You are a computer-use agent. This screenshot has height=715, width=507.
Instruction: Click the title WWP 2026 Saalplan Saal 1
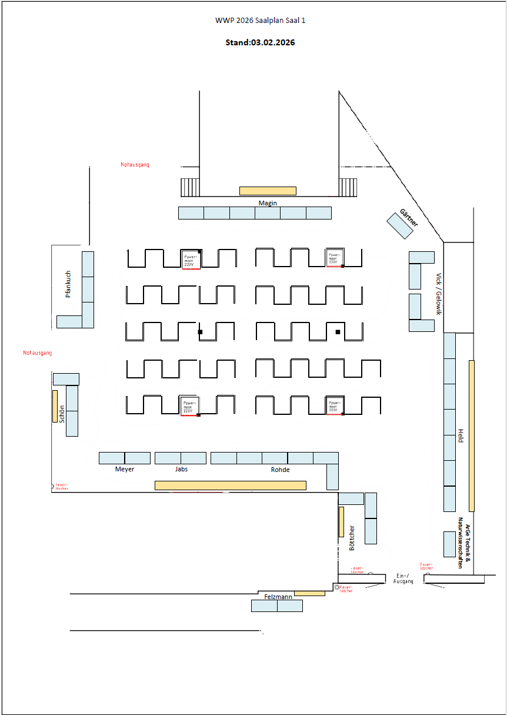[x=260, y=21]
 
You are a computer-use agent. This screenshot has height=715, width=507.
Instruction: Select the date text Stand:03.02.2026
[x=260, y=42]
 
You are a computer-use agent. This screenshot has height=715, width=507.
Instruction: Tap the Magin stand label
[x=268, y=203]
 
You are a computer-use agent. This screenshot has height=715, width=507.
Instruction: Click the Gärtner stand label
[x=409, y=218]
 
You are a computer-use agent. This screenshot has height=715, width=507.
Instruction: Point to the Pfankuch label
[x=68, y=284]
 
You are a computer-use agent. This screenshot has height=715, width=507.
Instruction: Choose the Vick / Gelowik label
[x=438, y=294]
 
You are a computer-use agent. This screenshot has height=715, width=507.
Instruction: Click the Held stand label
[x=461, y=436]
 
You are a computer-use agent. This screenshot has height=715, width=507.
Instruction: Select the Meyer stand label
[x=125, y=470]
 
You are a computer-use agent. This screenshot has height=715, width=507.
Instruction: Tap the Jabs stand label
[x=181, y=470]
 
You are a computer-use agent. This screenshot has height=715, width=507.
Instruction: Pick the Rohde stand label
[x=280, y=470]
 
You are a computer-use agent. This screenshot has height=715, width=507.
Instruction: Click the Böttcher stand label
[x=352, y=537]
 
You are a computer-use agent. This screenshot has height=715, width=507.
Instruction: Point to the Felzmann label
[x=278, y=597]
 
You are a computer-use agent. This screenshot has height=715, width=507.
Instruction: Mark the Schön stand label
[x=62, y=414]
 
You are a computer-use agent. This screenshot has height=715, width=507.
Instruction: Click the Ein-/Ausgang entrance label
[x=403, y=578]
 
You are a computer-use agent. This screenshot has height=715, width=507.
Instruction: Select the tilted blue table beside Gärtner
[x=400, y=226]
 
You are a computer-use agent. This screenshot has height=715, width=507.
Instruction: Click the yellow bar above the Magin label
[x=268, y=191]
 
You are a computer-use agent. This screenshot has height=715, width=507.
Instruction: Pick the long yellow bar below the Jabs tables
[x=230, y=485]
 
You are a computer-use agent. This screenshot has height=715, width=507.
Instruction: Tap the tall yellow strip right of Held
[x=472, y=435]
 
